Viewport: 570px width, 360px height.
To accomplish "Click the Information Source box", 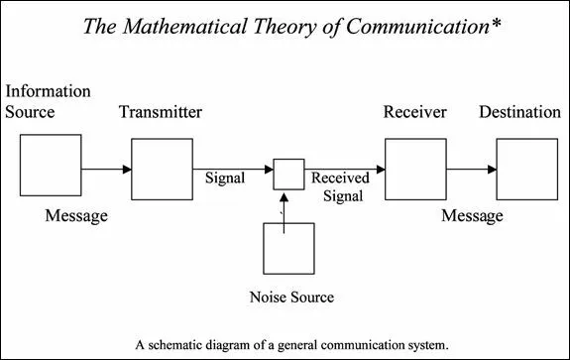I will pyautogui.click(x=51, y=167).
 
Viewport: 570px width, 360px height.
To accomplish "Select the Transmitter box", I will pyautogui.click(x=162, y=170).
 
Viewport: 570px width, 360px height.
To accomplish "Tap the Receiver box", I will pyautogui.click(x=414, y=170).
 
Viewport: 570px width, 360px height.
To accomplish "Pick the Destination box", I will pyautogui.click(x=525, y=170).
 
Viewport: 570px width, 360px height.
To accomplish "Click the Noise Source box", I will pyautogui.click(x=288, y=248).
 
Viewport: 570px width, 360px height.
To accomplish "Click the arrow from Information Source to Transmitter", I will pyautogui.click(x=106, y=170).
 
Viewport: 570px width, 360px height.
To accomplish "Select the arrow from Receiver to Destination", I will pyautogui.click(x=470, y=170).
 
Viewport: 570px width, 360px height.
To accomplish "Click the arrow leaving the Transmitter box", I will pyautogui.click(x=233, y=170).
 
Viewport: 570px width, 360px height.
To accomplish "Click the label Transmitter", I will pyautogui.click(x=161, y=112).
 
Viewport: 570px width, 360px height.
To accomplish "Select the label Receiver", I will pyautogui.click(x=415, y=112).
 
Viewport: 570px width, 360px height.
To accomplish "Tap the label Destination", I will pyautogui.click(x=520, y=112).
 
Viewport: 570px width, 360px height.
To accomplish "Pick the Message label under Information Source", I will pyautogui.click(x=76, y=216).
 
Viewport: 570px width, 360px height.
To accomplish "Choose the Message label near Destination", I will pyautogui.click(x=472, y=216).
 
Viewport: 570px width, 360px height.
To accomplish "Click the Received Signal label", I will pyautogui.click(x=340, y=186).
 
